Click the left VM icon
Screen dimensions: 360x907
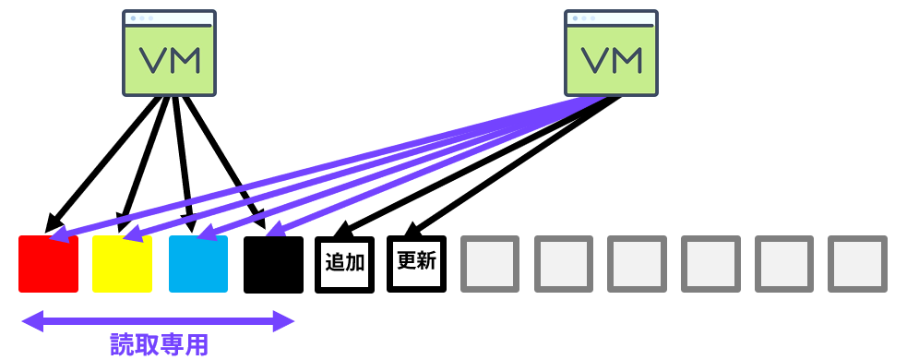(169, 53)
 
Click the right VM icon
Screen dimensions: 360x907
(611, 53)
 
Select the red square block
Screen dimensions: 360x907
(48, 265)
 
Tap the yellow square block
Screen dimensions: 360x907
(122, 265)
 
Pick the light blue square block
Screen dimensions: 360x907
(197, 265)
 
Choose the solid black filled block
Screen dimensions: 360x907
(273, 265)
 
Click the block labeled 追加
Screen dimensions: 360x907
(344, 265)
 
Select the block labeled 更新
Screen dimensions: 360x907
(416, 265)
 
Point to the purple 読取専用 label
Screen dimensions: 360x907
(159, 345)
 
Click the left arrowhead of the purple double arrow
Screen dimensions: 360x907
(30, 321)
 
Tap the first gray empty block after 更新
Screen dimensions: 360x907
(489, 265)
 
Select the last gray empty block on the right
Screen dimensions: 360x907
(857, 265)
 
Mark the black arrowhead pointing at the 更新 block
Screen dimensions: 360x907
(412, 231)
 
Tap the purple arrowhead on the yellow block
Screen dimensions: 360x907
(132, 234)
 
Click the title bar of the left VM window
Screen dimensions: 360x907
(169, 18)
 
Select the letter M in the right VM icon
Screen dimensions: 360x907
(627, 59)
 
